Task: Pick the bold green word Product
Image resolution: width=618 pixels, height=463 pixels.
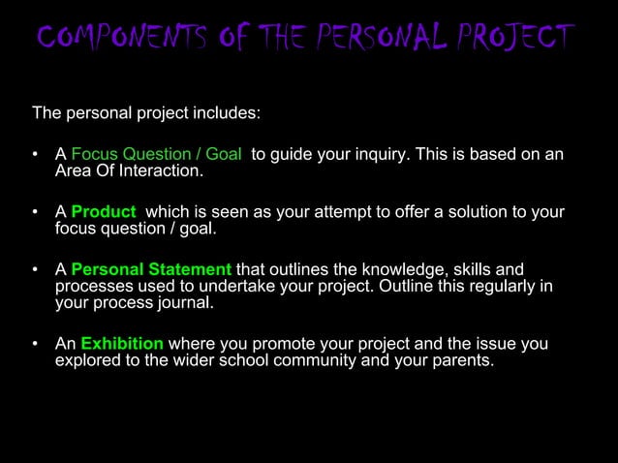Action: [104, 212]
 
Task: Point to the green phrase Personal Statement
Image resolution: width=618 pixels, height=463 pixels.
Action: [151, 269]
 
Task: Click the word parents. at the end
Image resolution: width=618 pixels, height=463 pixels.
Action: [465, 361]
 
